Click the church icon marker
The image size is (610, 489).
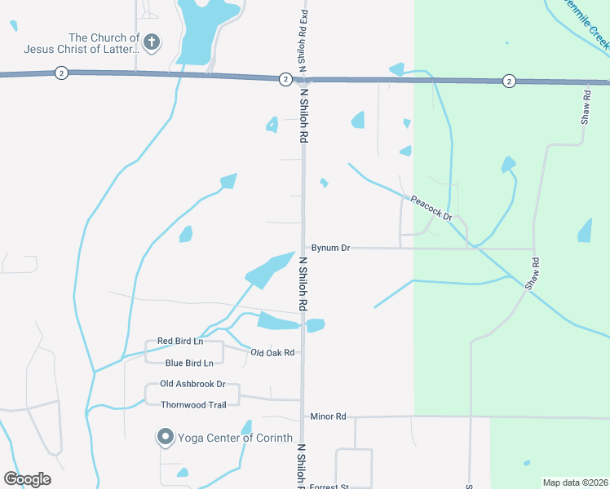(151, 42)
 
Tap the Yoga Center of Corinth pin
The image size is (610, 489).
(165, 438)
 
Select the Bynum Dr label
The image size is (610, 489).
(330, 248)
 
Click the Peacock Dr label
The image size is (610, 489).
(431, 208)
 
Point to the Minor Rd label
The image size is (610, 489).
(328, 416)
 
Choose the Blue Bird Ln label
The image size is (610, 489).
(189, 363)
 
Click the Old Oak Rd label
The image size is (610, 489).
(272, 353)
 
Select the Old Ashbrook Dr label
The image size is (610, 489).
(192, 384)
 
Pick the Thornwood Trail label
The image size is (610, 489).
(192, 404)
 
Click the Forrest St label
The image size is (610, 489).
(329, 487)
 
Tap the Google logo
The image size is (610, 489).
(27, 479)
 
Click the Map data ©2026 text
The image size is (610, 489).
(575, 482)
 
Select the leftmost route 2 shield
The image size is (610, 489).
(61, 73)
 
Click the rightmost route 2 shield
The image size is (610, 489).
(509, 80)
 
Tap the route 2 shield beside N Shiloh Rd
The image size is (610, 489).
(285, 79)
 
